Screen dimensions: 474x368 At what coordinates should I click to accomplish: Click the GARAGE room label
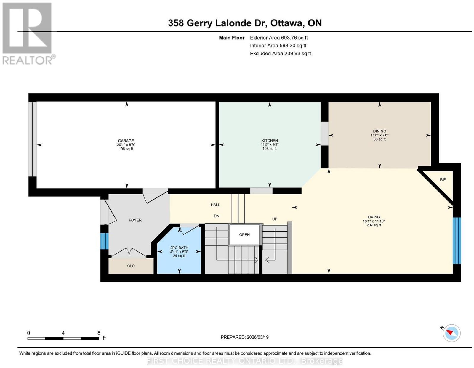coord(126,141)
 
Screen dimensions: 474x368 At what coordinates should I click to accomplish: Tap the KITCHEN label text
coord(270,141)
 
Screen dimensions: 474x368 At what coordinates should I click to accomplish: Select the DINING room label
coord(379,131)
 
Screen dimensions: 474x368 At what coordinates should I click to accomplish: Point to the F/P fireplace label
coord(443,179)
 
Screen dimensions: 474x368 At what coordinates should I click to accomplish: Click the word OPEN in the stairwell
coord(244,235)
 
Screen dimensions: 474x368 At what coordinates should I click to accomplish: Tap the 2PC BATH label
coord(179,248)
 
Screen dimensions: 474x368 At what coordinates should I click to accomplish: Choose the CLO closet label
coord(131,266)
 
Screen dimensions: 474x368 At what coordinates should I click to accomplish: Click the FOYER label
coord(135,220)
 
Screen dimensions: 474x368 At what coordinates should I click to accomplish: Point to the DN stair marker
coord(216,216)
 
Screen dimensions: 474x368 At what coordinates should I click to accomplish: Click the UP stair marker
coord(275,219)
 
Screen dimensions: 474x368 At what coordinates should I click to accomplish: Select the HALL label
coord(215,205)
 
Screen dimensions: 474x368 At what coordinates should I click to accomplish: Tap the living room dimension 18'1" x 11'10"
coord(374,221)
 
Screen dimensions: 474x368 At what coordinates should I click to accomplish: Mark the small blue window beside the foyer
coord(104,241)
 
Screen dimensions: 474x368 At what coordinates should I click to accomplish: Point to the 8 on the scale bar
coord(99,333)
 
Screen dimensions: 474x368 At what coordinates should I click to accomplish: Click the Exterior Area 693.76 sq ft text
coord(279,38)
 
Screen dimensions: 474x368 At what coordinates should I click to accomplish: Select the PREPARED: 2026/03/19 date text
coord(244,337)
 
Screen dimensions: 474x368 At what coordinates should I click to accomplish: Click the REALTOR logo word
coord(28,60)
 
